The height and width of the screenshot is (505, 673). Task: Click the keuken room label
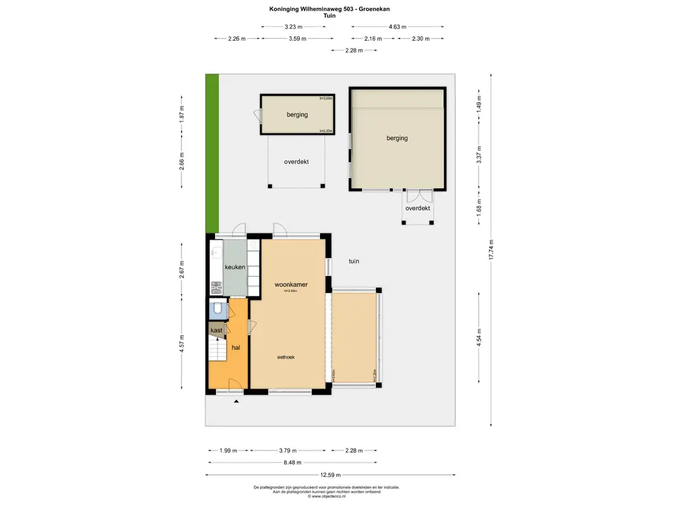coord(235,268)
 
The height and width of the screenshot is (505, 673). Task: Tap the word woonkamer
coord(291,285)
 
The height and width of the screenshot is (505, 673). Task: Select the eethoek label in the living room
coord(285,357)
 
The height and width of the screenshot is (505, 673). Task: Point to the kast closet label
coord(216,330)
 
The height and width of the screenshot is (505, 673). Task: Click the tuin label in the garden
coord(354,262)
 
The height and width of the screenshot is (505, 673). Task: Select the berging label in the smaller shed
coord(297,114)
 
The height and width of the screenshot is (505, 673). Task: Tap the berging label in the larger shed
coord(397,138)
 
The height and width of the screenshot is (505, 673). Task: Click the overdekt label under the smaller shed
coord(296,162)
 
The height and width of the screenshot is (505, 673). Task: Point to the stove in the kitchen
coord(216,287)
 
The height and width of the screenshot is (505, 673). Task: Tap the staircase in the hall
coord(217,349)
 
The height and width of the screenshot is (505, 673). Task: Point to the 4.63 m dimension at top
coord(397,27)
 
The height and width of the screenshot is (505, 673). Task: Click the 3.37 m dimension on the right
coord(479,158)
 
